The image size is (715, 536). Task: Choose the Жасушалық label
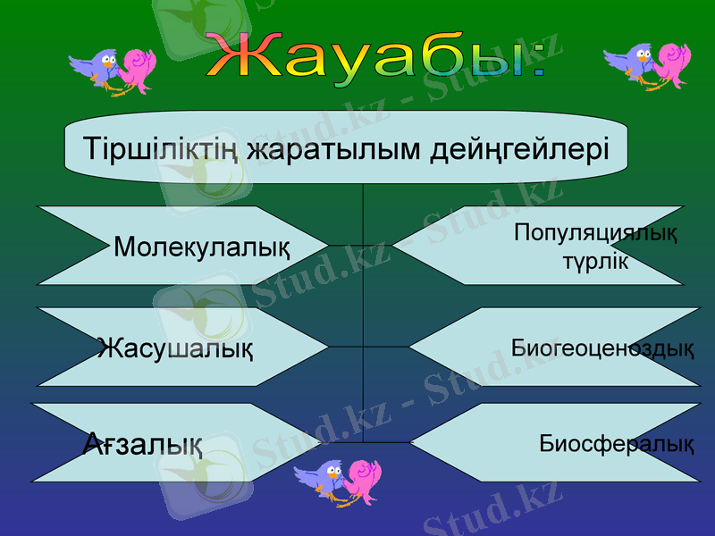tap(175, 347)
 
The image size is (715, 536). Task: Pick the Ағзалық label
tap(142, 442)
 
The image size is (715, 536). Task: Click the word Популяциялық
tap(595, 234)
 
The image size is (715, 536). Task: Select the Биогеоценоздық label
tap(602, 348)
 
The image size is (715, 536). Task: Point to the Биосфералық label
tap(616, 443)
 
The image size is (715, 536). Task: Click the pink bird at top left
tap(137, 69)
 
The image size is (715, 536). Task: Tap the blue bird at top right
tap(631, 63)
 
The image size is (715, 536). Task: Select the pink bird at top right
tap(671, 64)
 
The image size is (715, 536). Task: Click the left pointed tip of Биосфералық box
tap(411, 442)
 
